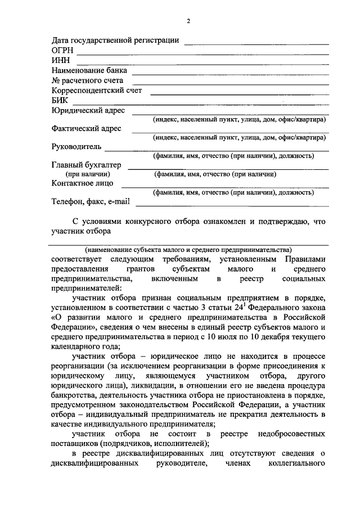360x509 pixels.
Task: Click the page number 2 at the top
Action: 189,21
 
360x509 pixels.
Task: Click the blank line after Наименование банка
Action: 230,73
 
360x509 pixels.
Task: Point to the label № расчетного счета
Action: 87,80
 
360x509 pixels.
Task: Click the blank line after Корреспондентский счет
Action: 239,93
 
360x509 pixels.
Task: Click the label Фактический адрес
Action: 86,128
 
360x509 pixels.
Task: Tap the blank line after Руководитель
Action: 217,150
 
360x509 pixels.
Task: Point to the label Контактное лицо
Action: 82,183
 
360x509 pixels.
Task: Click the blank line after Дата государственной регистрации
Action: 256,44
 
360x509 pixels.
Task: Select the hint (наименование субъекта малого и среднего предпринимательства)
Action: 188,249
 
